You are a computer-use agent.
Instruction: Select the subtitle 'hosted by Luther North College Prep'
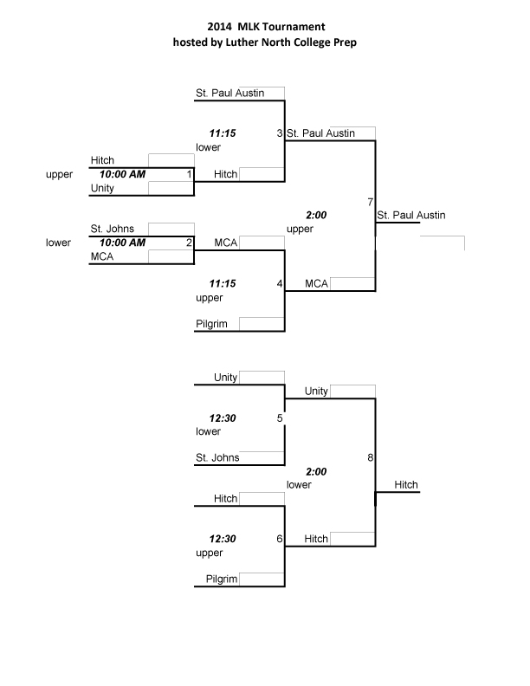pyautogui.click(x=266, y=42)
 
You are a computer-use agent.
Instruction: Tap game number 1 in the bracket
pyautogui.click(x=189, y=174)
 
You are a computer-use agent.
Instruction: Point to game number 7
pyautogui.click(x=370, y=202)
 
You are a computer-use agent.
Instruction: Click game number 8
pyautogui.click(x=370, y=457)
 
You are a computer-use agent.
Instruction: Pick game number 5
pyautogui.click(x=279, y=418)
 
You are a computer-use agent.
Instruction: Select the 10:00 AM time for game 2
pyautogui.click(x=122, y=243)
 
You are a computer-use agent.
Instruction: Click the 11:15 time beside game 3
pyautogui.click(x=223, y=133)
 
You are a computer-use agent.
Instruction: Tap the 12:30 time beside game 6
pyautogui.click(x=223, y=539)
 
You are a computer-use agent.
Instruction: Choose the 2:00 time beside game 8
pyautogui.click(x=316, y=472)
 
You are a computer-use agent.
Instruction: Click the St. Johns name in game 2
pyautogui.click(x=112, y=229)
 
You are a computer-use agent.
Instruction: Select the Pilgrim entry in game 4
pyautogui.click(x=211, y=325)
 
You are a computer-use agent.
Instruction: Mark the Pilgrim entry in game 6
pyautogui.click(x=221, y=579)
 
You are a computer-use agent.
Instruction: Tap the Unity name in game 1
pyautogui.click(x=102, y=188)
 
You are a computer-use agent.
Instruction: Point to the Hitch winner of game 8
pyautogui.click(x=406, y=485)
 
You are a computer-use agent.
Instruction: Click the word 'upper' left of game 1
pyautogui.click(x=59, y=174)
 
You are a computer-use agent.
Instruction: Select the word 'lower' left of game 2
pyautogui.click(x=58, y=243)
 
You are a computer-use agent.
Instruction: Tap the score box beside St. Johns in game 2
pyautogui.click(x=171, y=229)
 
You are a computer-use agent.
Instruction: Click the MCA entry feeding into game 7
pyautogui.click(x=316, y=283)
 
